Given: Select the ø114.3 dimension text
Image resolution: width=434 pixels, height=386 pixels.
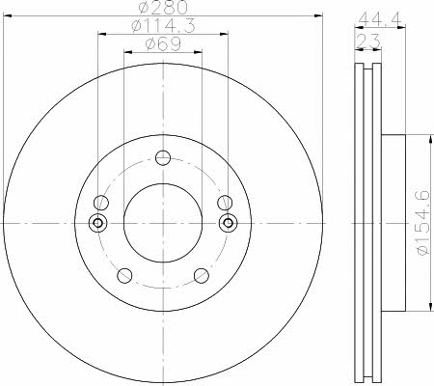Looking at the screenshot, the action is coord(163,25).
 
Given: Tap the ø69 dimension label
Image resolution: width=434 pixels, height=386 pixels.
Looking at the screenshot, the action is coord(163,44).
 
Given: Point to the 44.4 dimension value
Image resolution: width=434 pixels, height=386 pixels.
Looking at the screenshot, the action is coord(380,19).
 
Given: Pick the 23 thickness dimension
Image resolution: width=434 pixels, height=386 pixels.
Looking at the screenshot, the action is coord(367,41).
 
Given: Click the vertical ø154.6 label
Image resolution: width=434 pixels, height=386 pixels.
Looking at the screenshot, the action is coord(423,223).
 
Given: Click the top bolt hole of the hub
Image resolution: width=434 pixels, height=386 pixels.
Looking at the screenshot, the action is coord(163,157).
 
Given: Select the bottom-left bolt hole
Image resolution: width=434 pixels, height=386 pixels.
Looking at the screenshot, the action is coord(124,275).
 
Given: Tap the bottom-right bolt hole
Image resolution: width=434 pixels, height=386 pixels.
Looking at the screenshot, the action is coord(202,276).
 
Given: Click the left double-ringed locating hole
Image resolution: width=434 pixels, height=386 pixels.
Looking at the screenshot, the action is coord(97,223).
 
